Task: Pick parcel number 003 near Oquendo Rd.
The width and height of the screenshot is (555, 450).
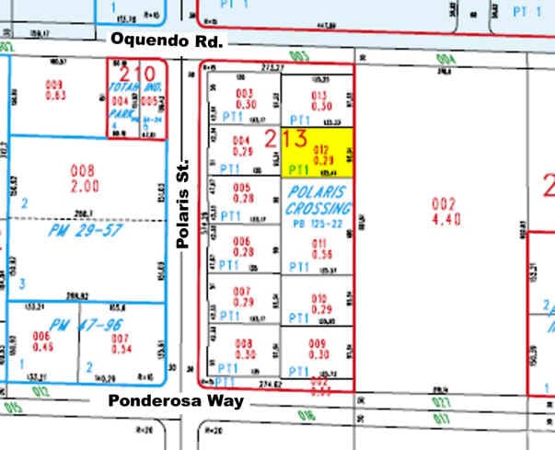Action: [245, 94]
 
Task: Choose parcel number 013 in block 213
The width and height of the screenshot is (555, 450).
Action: [319, 95]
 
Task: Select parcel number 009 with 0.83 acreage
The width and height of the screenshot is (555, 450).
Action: [59, 86]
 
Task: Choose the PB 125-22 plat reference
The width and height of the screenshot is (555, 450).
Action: [316, 221]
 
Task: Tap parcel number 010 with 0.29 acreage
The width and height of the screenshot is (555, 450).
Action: [319, 298]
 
